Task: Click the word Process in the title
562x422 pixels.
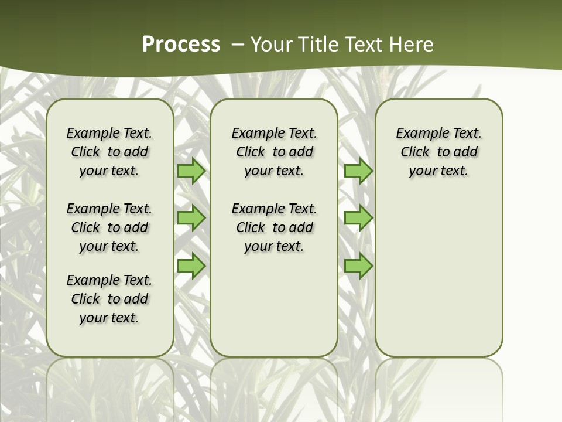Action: [181, 45]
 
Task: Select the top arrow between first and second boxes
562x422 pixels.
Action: [191, 171]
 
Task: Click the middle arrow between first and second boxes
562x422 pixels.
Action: [191, 218]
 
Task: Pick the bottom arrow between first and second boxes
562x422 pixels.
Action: [191, 266]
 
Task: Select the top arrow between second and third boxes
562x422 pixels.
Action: [358, 171]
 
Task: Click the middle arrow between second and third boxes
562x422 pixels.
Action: [358, 218]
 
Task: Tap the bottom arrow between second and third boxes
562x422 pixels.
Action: [358, 266]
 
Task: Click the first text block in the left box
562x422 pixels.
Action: [109, 152]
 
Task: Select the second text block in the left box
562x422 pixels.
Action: [109, 227]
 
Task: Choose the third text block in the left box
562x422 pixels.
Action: [109, 299]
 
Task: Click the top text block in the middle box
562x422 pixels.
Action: [274, 152]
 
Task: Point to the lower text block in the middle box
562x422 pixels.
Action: [274, 227]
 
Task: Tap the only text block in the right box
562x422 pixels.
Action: [439, 152]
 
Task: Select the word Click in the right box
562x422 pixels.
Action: [415, 152]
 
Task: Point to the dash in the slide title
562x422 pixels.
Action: [238, 45]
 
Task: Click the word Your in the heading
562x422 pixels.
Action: [271, 45]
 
